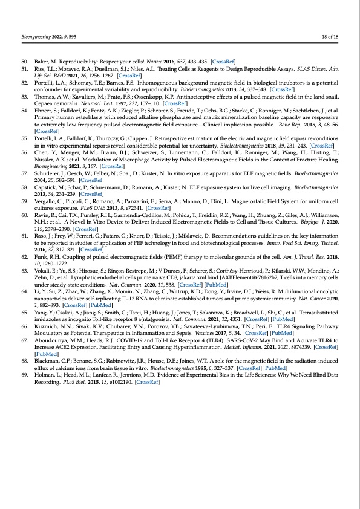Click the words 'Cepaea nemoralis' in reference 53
pos(56,103)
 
